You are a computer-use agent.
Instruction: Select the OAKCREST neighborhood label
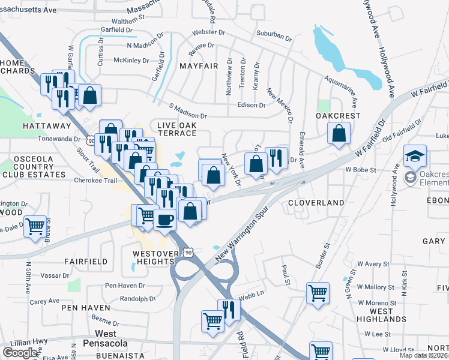click(338, 115)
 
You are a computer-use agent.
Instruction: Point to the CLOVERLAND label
click(315, 203)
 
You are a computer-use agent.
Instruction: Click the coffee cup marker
click(164, 219)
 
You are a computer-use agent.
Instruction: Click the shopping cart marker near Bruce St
click(35, 227)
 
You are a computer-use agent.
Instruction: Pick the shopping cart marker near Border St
click(318, 293)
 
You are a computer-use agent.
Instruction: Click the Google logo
click(20, 352)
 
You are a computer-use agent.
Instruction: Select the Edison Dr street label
click(251, 105)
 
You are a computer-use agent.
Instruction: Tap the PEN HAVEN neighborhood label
click(86, 307)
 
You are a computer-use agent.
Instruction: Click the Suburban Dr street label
click(273, 36)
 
